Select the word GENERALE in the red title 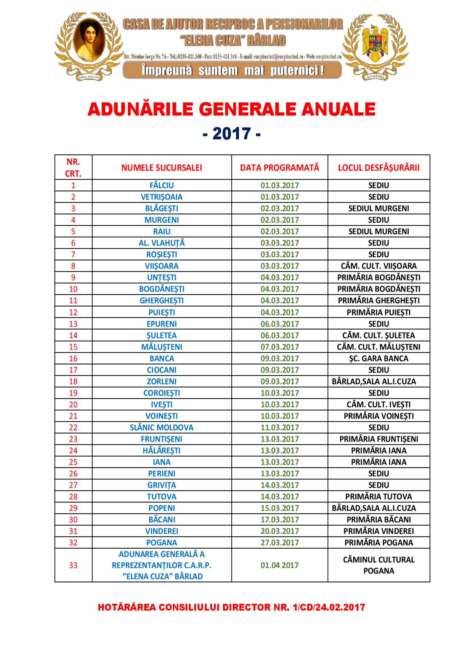tap(247, 109)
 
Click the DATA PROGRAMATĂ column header tap(279, 168)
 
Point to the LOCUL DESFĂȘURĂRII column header tap(379, 168)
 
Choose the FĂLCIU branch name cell tap(161, 185)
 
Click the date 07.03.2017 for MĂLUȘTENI tap(279, 347)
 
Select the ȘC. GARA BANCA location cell tap(379, 358)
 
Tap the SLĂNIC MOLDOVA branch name tap(161, 427)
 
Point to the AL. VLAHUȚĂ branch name tap(161, 243)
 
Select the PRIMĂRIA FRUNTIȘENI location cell tap(379, 439)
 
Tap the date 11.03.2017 tap(279, 427)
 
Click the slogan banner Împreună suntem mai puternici tap(232, 70)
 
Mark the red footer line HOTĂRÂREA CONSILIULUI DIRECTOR tap(231, 607)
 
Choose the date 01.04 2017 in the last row tap(279, 565)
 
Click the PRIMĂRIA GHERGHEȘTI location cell tap(379, 300)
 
